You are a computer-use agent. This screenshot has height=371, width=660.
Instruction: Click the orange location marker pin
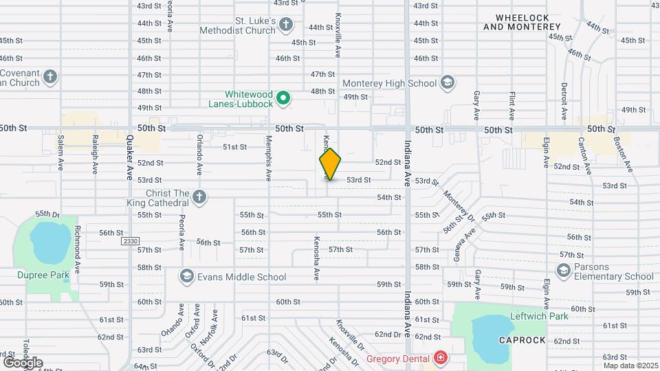[330, 164]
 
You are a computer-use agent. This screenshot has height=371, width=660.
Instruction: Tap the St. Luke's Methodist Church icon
[287, 26]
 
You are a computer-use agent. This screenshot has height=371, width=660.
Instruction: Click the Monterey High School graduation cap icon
[448, 83]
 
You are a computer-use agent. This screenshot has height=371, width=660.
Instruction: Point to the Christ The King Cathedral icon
[199, 197]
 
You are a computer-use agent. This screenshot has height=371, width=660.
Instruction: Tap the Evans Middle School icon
[186, 277]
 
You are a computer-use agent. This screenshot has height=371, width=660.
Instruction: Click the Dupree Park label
[34, 275]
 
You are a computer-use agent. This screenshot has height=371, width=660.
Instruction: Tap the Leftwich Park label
[539, 317]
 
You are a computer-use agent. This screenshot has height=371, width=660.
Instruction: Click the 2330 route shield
[130, 241]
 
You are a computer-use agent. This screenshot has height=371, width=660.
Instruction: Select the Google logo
[23, 362]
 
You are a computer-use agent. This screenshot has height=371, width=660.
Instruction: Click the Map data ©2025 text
[629, 366]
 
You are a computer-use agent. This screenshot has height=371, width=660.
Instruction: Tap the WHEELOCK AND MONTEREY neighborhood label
[522, 21]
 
